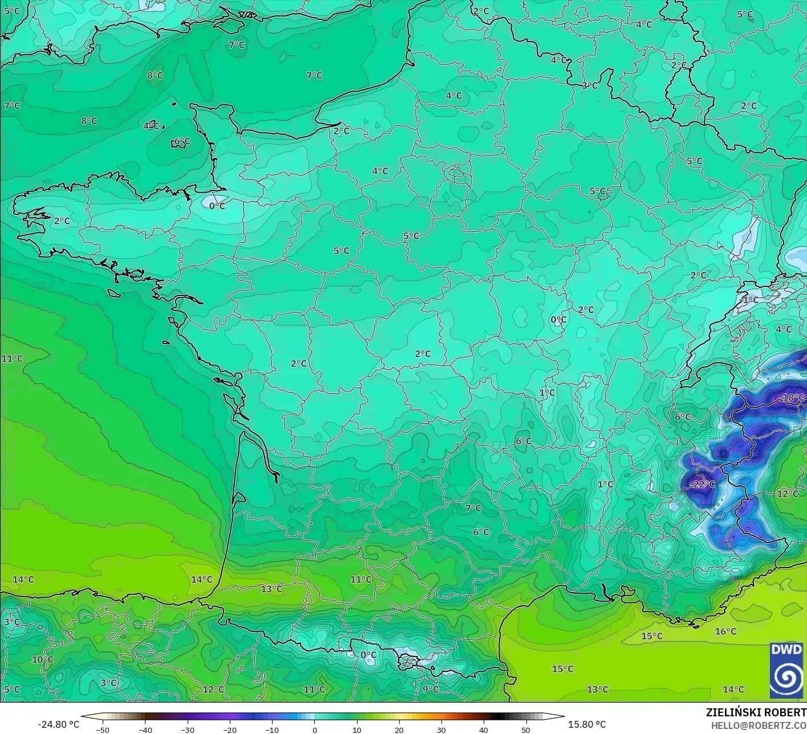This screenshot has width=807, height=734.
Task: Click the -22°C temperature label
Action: pos(702,484)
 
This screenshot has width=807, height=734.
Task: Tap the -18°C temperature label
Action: pos(792,398)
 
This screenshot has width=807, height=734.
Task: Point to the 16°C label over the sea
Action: pos(725,631)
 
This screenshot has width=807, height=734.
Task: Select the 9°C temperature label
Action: pos(431,689)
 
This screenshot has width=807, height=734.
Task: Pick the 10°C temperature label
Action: pos(42,659)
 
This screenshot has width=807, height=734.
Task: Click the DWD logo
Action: pos(786,670)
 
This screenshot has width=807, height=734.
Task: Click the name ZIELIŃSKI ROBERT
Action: pos(756,712)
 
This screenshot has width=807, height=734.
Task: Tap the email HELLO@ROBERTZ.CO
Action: pos(759,725)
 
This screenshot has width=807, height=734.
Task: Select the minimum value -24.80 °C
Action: pos(58,724)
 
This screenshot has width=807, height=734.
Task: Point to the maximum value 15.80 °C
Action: pos(587,724)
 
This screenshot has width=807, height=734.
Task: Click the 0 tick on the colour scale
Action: pos(315,729)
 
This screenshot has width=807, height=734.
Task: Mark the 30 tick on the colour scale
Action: pos(441,729)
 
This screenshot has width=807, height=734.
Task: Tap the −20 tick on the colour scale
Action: pos(229,729)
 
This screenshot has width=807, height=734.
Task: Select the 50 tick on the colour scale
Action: pos(526,729)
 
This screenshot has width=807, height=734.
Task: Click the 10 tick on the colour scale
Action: pos(357,729)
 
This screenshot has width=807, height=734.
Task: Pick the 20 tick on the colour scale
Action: pos(399,729)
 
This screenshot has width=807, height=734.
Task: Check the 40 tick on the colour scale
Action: pos(484,729)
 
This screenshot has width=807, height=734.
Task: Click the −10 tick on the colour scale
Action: pos(272,729)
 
